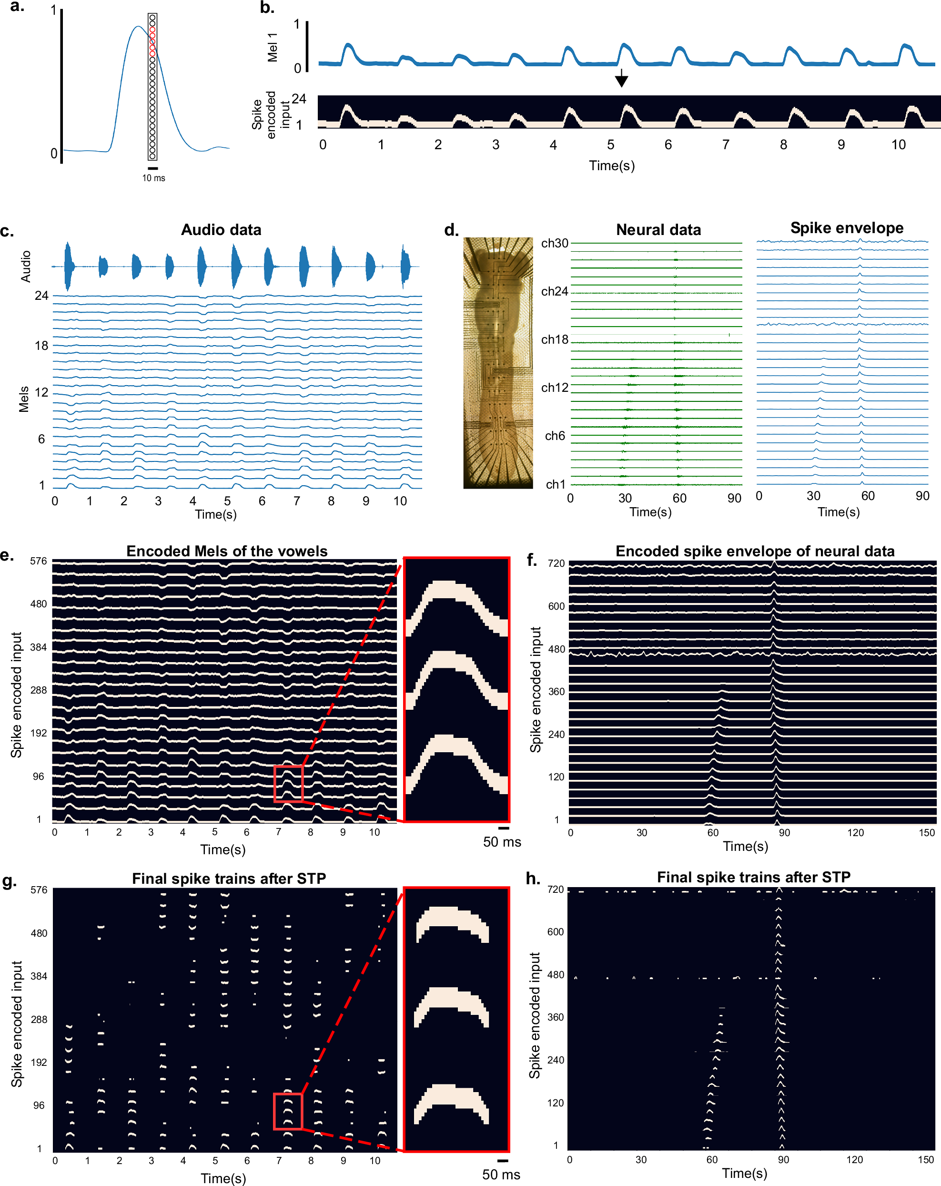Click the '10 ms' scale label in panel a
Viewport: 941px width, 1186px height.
coord(153,178)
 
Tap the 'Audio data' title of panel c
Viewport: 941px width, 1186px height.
coord(221,230)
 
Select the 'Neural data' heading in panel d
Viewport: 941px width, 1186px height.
coord(658,230)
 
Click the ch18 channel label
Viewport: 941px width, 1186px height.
coord(555,339)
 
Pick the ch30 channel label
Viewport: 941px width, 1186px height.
coord(555,243)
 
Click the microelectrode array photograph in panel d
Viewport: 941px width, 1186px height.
coord(498,363)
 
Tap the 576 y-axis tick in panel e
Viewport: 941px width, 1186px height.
coord(39,561)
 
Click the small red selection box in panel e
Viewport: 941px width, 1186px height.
coord(288,783)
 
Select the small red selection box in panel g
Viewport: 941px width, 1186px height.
coord(288,1111)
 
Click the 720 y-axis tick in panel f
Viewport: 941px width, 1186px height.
coord(556,563)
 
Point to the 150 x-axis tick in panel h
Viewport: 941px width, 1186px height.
coord(926,1160)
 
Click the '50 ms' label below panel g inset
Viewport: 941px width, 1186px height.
coord(501,1175)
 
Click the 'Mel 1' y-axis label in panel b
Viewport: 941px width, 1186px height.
coord(272,47)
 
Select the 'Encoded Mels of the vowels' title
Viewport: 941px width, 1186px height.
coord(227,551)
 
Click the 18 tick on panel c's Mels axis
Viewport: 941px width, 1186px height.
coord(41,346)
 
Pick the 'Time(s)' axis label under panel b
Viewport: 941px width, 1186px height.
coord(612,165)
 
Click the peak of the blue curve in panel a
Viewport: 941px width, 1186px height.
coord(138,26)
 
